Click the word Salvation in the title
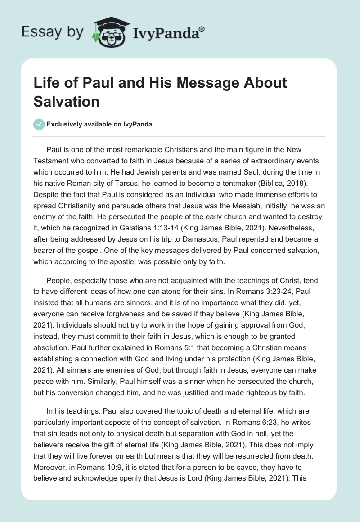tap(66, 101)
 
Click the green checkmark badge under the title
tap(39, 124)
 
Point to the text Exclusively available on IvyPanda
tap(99, 124)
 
